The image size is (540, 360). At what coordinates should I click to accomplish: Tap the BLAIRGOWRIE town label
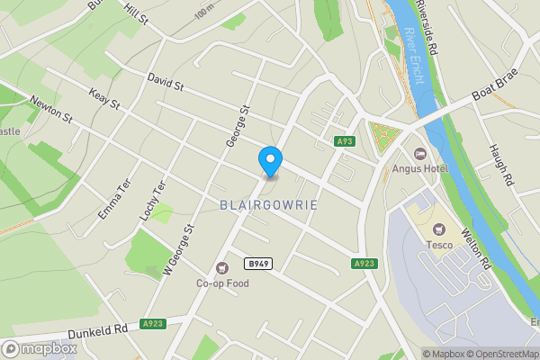tap(269, 205)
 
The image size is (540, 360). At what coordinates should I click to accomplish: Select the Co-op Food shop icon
tap(222, 267)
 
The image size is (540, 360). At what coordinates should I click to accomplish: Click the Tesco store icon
tap(439, 230)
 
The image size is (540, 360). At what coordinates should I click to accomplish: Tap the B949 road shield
tap(257, 263)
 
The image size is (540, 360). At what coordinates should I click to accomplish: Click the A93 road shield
tap(345, 141)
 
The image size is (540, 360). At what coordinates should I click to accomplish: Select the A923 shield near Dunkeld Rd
tap(153, 323)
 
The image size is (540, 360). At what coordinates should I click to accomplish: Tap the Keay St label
tap(104, 97)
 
